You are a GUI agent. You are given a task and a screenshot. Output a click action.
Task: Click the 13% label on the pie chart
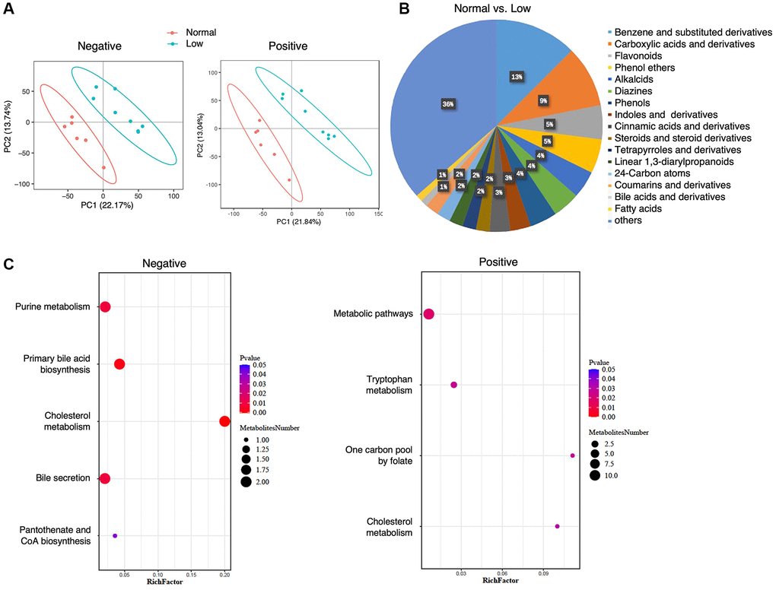517,77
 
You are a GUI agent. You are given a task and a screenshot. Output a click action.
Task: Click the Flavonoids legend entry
638,56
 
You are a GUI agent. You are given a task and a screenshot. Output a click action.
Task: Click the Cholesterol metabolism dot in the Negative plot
224,422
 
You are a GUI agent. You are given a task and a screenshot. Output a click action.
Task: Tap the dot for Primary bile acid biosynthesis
119,364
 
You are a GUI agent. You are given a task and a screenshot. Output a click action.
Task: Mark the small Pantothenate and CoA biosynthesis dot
115,536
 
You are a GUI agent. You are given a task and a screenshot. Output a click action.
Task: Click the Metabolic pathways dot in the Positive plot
429,314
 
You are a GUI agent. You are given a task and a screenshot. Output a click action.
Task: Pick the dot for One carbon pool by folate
572,455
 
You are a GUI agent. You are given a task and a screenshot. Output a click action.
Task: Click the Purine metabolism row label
52,307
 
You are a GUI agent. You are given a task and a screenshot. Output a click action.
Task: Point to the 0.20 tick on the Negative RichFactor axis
224,575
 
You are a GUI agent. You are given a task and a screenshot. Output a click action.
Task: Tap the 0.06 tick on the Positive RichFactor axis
501,573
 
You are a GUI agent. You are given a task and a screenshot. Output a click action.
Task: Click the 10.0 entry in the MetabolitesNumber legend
610,475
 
